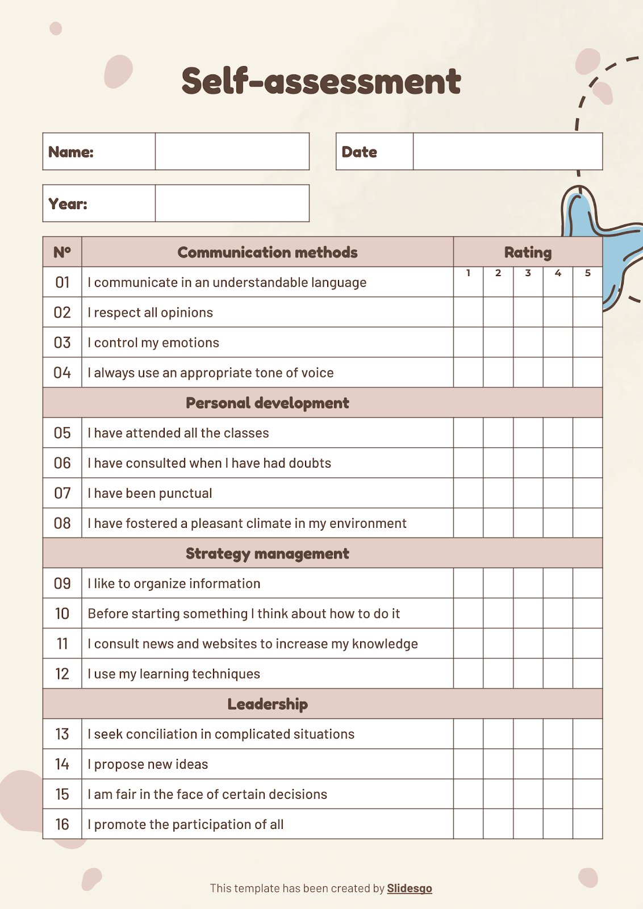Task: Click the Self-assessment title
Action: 321,81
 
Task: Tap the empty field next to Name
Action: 232,152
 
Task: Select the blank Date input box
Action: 507,152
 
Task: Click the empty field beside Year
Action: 232,203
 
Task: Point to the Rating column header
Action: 528,252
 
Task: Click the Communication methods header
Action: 268,252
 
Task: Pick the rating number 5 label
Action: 588,273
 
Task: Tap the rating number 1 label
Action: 468,273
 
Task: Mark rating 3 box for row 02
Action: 528,312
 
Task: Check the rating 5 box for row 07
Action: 588,493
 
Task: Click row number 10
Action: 62,614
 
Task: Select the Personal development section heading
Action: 268,403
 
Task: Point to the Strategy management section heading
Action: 268,553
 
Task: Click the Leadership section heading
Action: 268,704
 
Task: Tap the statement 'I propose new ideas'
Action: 148,764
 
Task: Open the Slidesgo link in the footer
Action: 410,888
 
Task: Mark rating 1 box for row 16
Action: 468,824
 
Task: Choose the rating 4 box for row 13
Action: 558,734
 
